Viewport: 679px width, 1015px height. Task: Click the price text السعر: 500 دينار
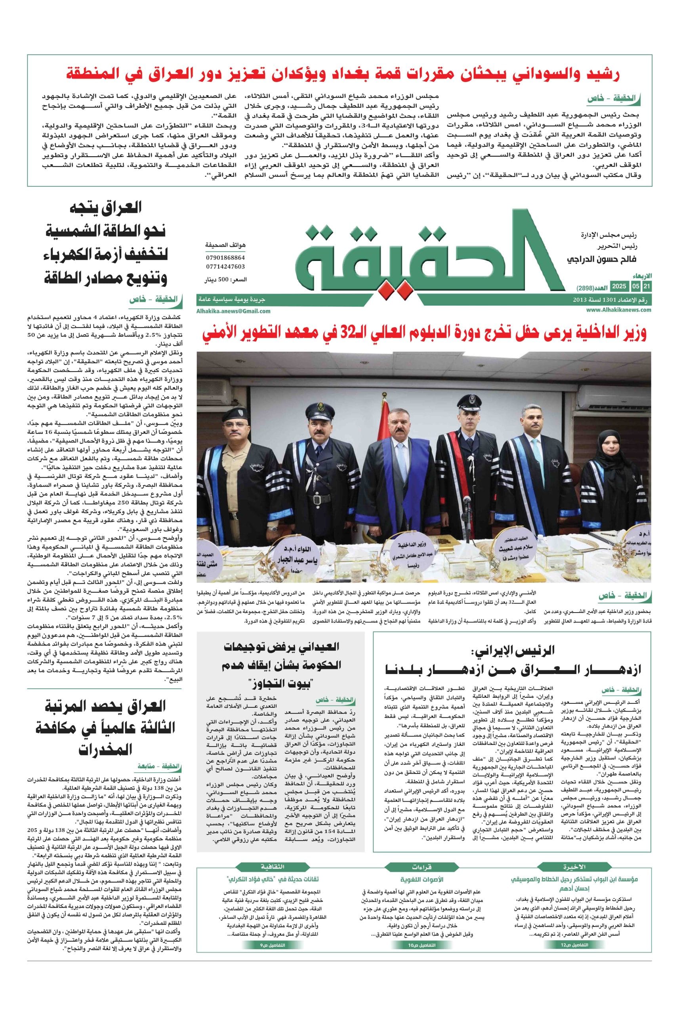(x=226, y=280)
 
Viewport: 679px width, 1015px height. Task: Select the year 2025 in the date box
(x=618, y=287)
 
